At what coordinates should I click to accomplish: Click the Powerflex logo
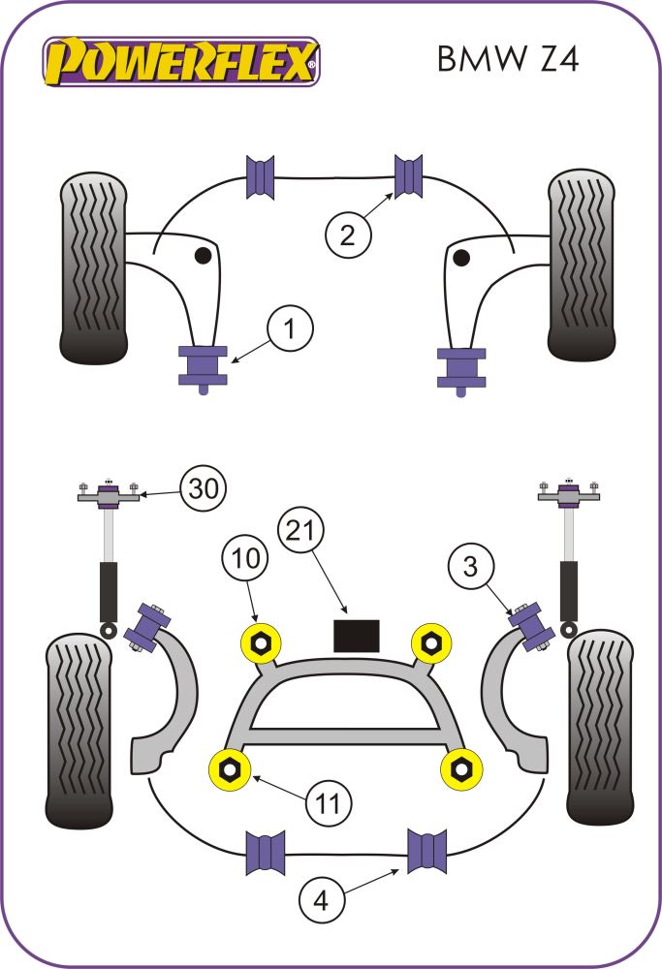point(180,60)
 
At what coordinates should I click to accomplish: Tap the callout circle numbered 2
point(348,234)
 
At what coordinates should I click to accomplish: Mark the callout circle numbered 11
point(330,803)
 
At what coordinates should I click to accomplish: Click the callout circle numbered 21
point(303,530)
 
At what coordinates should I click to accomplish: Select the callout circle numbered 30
point(201,490)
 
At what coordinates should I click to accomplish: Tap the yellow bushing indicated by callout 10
point(260,641)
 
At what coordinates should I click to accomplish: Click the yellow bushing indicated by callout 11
point(232,768)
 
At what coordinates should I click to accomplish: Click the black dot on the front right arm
point(462,257)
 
